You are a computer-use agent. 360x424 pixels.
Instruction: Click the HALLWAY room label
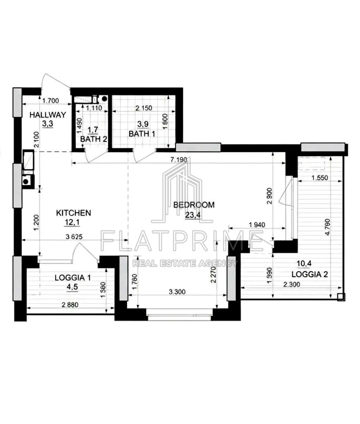pos(48,115)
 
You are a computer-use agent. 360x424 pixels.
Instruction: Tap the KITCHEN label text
pos(74,213)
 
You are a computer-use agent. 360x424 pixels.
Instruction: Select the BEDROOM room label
pos(194,205)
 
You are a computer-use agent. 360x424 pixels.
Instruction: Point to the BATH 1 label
pos(142,134)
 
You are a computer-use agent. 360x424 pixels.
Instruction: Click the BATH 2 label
pos(94,139)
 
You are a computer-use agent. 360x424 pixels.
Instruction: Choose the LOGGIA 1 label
pos(73,278)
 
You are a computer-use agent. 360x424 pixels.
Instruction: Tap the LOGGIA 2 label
pos(310,275)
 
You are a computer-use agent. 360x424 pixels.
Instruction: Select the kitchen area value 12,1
pos(72,222)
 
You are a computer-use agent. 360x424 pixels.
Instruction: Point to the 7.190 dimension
pos(179,159)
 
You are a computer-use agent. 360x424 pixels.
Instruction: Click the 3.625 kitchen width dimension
pos(74,236)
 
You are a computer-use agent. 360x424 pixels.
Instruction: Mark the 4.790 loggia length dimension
pos(328,227)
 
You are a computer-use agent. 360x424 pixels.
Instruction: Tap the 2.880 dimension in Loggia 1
pos(70,305)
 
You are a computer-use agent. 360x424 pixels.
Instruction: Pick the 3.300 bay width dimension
pos(177,292)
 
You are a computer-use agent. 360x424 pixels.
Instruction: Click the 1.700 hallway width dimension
pos(51,101)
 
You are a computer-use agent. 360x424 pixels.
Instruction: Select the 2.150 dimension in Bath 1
pos(144,108)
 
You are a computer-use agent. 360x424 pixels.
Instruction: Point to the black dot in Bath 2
pos(104,99)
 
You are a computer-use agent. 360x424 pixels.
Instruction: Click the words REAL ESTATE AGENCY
pos(185,263)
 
